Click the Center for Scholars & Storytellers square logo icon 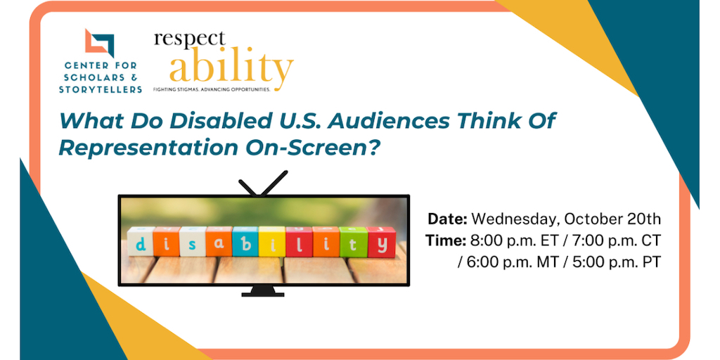point(99,43)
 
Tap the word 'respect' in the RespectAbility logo point(190,40)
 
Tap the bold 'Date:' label point(447,219)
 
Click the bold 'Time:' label point(445,240)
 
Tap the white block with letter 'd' point(140,241)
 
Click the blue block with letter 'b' point(245,241)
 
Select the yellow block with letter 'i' point(272,241)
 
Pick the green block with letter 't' point(353,242)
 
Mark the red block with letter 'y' point(381,242)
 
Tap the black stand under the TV point(263,290)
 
